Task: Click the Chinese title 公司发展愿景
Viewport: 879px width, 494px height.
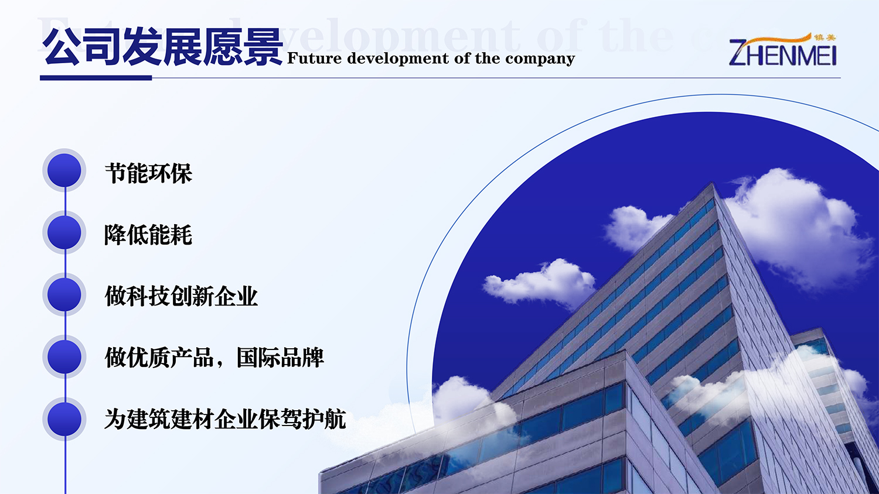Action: tap(162, 47)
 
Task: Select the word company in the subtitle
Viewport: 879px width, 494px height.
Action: tap(540, 59)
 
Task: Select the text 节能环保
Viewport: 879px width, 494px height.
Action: tap(148, 173)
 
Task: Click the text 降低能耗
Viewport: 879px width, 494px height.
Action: tap(148, 235)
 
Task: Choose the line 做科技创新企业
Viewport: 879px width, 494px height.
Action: tap(181, 296)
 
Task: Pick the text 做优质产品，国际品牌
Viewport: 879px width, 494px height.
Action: tap(214, 358)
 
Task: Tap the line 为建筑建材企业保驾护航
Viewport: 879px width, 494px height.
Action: tap(225, 419)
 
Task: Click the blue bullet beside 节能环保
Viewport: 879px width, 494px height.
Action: tap(64, 170)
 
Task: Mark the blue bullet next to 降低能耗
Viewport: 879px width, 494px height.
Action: tap(64, 232)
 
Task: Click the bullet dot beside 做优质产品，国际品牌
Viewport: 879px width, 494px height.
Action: tap(64, 357)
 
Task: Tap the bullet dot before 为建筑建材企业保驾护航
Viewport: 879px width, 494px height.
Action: tap(64, 419)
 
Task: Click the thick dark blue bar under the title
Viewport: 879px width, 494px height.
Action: tap(96, 78)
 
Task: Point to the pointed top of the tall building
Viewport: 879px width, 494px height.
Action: tap(713, 184)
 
